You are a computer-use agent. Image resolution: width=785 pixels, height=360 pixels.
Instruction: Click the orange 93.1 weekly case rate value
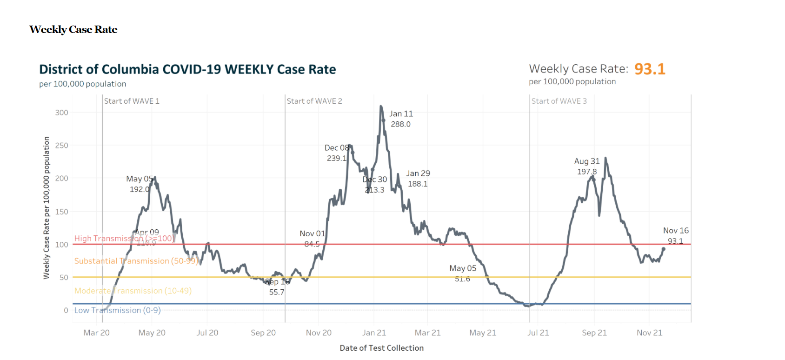(x=650, y=69)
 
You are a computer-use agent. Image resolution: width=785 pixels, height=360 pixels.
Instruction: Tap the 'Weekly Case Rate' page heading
(x=73, y=30)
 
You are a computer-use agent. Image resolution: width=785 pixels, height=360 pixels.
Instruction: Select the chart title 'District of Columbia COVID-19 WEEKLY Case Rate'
(x=187, y=69)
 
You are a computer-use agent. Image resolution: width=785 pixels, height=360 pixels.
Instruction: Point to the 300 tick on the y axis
(x=61, y=113)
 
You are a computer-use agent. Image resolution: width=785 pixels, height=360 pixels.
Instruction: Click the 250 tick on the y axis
(x=61, y=146)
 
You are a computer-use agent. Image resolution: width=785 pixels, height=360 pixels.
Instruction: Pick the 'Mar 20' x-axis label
(x=96, y=333)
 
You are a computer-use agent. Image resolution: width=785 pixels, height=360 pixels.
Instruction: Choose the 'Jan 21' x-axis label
(x=374, y=333)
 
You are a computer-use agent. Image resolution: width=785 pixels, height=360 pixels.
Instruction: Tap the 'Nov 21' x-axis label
(x=649, y=333)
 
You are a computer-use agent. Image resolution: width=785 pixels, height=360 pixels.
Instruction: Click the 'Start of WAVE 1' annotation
(x=132, y=101)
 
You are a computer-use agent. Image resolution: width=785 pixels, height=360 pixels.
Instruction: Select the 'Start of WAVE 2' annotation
(x=314, y=101)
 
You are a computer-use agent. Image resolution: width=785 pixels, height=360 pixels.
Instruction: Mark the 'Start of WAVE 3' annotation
(x=559, y=101)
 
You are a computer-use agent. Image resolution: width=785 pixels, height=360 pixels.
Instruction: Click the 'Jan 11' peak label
(x=401, y=114)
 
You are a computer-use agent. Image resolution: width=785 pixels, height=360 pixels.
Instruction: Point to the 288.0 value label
(x=400, y=124)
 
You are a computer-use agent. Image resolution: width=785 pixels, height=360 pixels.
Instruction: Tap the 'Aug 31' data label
(x=587, y=161)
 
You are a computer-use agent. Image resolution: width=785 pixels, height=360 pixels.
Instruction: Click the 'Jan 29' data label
(x=418, y=173)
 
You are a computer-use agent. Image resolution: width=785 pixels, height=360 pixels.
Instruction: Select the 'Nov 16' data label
(x=676, y=231)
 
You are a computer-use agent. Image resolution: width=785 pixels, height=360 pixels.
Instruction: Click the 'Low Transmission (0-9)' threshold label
(x=117, y=310)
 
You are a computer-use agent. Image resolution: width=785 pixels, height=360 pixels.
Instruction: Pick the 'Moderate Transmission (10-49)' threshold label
(x=133, y=291)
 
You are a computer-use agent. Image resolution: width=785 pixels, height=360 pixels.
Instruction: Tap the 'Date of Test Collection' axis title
(x=381, y=348)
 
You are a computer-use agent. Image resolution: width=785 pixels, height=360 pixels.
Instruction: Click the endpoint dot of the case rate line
(x=664, y=249)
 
